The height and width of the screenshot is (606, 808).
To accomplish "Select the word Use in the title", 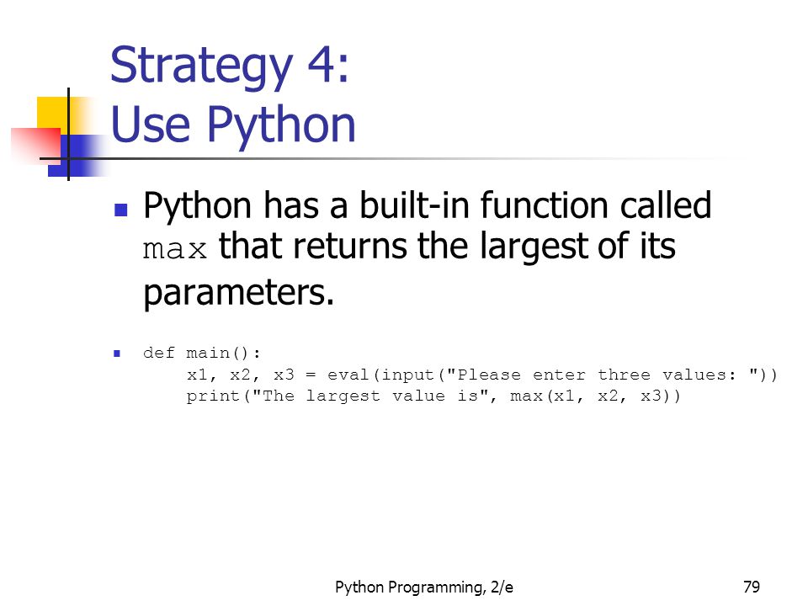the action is click(x=151, y=125).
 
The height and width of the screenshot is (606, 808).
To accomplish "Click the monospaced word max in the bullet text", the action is click(x=175, y=249).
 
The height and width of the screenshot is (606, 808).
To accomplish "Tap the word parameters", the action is click(x=238, y=293).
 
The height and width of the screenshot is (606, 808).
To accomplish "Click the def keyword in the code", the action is click(x=159, y=353).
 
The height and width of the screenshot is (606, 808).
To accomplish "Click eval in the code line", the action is click(x=348, y=375).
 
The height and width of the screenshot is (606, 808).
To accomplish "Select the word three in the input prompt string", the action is click(x=624, y=374).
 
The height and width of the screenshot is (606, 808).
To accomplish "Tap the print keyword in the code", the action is click(x=213, y=396).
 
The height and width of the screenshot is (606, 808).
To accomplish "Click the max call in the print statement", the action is click(x=526, y=396).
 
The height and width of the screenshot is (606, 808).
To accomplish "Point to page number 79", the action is click(x=752, y=587).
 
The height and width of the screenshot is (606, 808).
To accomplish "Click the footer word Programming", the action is click(x=435, y=587).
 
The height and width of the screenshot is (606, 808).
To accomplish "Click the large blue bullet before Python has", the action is click(x=120, y=210).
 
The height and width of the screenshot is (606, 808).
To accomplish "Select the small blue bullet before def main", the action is click(x=117, y=353).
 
